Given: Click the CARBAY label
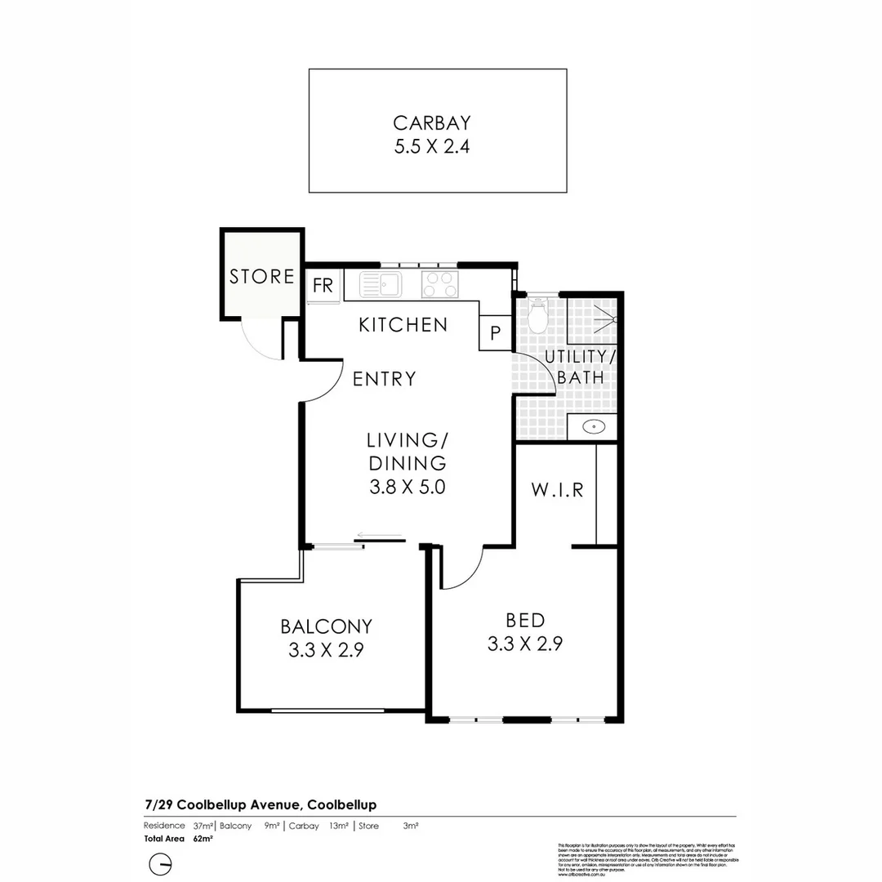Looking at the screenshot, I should [x=432, y=123].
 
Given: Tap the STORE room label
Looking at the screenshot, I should [x=261, y=277].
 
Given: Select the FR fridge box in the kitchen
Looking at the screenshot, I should [x=323, y=286].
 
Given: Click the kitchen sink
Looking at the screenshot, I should [x=381, y=285].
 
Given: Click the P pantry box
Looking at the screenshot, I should [x=495, y=333].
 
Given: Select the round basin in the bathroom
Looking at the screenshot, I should [x=594, y=425].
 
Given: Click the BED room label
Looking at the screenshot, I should [x=524, y=620].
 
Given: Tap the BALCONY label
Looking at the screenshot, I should [x=326, y=626].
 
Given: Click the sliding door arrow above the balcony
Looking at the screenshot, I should [x=380, y=537].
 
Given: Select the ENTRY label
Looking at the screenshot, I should [x=385, y=379].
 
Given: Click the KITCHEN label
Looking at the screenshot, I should [x=403, y=325].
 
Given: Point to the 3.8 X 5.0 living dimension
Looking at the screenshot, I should [x=406, y=488].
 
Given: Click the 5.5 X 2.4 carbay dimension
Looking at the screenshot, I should [x=432, y=149].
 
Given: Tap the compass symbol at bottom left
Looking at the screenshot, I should [x=162, y=864].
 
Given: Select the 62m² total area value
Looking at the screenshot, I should [x=203, y=838].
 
